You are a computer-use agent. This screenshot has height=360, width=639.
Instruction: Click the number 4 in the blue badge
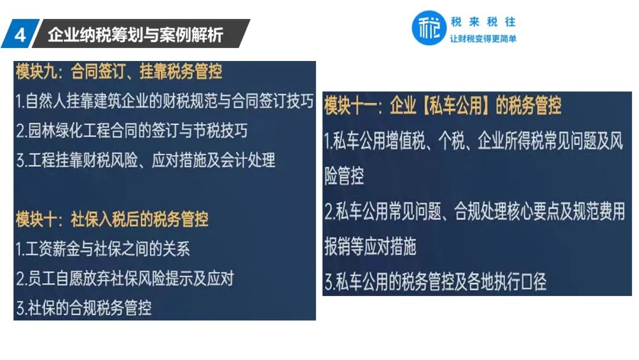[20, 35]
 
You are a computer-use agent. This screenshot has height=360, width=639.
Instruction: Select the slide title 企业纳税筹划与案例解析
[135, 35]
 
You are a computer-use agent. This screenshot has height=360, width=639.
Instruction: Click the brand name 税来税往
[483, 21]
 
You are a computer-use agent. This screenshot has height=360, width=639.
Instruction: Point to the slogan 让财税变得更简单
[483, 38]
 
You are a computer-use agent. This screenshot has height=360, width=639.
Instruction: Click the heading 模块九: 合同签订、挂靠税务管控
[119, 71]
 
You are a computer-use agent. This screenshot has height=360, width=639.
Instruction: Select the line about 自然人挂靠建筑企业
[164, 101]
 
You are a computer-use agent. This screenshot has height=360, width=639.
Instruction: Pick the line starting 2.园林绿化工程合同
[131, 130]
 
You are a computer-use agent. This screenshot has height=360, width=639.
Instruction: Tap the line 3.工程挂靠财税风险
[146, 160]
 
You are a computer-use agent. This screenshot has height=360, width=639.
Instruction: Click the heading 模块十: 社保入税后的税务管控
[112, 219]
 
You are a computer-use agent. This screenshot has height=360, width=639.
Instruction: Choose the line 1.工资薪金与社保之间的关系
[103, 249]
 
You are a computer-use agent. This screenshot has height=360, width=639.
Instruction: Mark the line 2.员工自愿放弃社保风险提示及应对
[125, 278]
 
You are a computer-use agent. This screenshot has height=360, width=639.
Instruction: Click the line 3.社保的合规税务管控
[83, 308]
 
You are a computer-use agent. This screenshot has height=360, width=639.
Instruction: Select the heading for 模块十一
[443, 105]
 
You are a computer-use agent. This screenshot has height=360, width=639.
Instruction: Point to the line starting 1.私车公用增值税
[473, 141]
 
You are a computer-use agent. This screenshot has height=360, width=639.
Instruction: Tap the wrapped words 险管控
[344, 176]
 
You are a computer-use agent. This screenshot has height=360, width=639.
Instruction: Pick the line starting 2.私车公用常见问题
[475, 211]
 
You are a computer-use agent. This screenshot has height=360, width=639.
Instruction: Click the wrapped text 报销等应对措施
[370, 246]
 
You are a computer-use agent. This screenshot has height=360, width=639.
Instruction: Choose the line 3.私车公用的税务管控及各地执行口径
[435, 281]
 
